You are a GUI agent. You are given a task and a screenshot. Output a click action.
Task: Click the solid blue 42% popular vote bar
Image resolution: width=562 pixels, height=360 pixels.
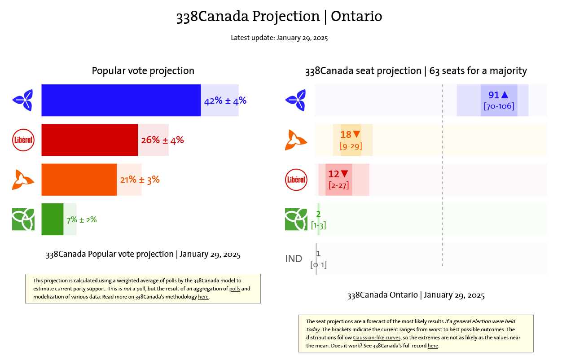point(121,101)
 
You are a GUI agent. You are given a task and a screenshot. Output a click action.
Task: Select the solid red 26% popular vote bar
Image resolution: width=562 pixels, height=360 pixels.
point(89,140)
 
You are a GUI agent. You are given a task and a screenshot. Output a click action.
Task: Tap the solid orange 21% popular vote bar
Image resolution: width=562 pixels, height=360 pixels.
point(79,180)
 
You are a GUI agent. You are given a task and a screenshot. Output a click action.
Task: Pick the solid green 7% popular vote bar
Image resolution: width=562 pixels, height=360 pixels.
point(52,220)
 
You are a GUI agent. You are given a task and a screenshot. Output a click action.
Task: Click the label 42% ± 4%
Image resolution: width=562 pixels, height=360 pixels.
point(225,101)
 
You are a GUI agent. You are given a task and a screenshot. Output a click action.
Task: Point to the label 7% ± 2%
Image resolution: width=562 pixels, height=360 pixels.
point(81,220)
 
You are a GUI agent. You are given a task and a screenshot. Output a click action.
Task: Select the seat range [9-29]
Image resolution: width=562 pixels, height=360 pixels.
point(351,146)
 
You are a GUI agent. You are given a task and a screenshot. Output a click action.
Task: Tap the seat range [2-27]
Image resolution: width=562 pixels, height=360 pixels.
point(338,185)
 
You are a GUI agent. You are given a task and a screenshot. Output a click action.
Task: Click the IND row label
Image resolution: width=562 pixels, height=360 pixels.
point(294,259)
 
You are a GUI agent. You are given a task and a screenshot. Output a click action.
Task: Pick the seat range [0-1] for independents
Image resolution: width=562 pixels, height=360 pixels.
point(318,265)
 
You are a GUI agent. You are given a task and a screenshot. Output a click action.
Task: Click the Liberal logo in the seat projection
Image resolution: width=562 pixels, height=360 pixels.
point(296,180)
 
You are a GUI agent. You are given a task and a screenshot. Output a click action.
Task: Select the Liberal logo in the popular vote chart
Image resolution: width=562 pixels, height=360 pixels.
point(23,140)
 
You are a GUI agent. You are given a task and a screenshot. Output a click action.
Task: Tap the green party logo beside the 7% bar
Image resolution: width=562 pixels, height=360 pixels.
point(23,220)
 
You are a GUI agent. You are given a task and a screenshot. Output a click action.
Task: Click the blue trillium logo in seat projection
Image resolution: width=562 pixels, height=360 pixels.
point(296,100)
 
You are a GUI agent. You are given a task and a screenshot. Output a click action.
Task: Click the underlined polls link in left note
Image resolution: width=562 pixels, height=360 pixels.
point(235,289)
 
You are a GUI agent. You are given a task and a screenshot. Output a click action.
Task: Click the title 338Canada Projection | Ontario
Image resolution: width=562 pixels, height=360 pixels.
point(279,17)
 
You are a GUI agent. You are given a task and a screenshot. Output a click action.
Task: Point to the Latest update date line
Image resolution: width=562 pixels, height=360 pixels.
point(279,38)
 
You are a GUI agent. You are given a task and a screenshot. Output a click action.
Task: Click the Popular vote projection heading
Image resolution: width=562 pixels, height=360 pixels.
point(143,71)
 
